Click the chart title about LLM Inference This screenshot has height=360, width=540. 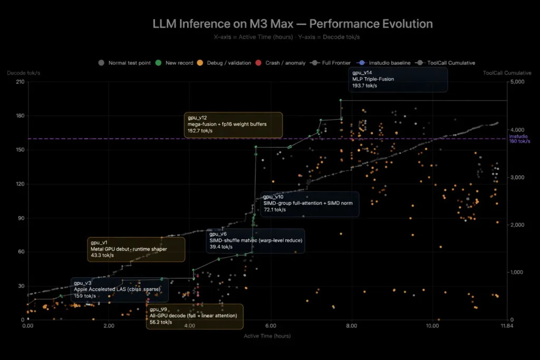[x=292, y=24]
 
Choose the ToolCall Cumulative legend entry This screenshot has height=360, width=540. [x=451, y=63]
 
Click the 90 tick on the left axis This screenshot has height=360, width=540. [x=20, y=218]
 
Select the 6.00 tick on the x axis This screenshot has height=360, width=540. [x=271, y=326]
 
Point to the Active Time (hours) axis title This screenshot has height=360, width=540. [x=267, y=336]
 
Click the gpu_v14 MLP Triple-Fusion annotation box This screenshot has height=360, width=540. [x=398, y=79]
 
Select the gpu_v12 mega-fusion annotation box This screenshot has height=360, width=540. [x=233, y=124]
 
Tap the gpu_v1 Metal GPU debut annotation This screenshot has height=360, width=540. [x=136, y=249]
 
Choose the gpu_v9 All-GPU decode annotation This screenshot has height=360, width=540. [x=195, y=316]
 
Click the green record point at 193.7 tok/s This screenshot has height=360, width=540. [x=341, y=100]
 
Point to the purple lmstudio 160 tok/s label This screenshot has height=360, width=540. [x=519, y=139]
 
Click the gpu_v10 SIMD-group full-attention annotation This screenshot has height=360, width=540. [x=309, y=203]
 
